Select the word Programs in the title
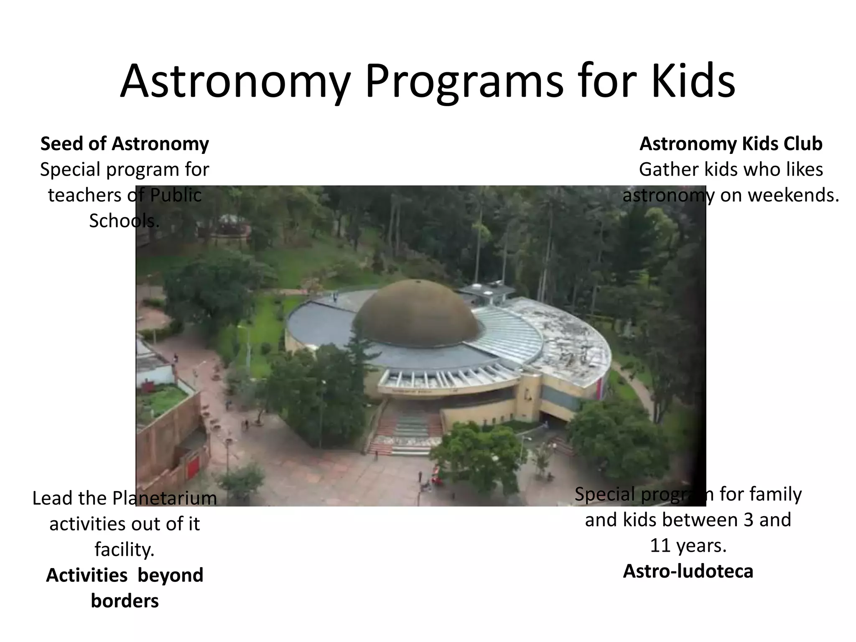464,82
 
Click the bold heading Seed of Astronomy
125,144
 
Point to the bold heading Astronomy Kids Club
731,144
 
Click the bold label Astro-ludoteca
688,571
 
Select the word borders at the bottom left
125,601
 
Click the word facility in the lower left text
124,550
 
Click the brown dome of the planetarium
416,313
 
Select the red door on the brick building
193,467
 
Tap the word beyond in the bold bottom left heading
170,575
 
